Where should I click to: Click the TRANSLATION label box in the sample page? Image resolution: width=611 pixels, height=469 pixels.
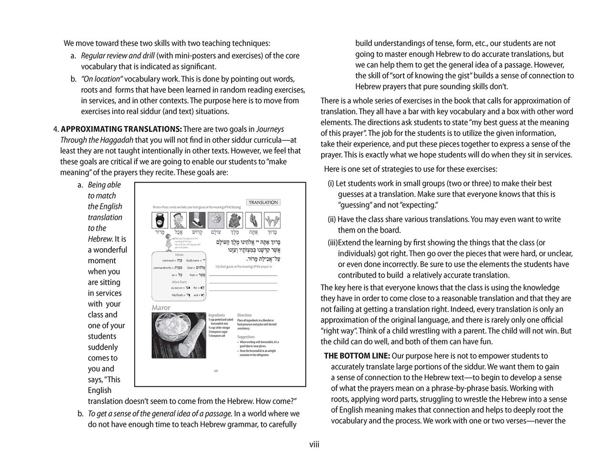tap(263, 202)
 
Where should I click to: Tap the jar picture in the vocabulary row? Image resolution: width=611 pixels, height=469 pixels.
tap(159, 220)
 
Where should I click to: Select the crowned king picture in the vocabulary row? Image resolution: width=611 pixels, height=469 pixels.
tap(235, 220)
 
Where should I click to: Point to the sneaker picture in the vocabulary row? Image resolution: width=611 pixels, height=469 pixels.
tap(197, 220)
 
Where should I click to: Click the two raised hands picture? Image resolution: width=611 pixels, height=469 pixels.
tap(273, 220)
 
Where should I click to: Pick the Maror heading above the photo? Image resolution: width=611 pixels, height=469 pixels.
tap(161, 308)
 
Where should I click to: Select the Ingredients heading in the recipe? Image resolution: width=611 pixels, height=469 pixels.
tap(217, 315)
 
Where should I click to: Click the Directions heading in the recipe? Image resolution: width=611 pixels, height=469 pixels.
tap(244, 315)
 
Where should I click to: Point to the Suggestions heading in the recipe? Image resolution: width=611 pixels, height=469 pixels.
tap(246, 337)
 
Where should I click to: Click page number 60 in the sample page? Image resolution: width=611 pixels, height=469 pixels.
tap(216, 371)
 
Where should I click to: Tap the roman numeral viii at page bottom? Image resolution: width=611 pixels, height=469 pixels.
tap(314, 445)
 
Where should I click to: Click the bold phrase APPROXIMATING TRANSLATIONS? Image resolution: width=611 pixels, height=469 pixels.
tap(121, 129)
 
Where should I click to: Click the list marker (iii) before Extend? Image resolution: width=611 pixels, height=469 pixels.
tap(332, 242)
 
